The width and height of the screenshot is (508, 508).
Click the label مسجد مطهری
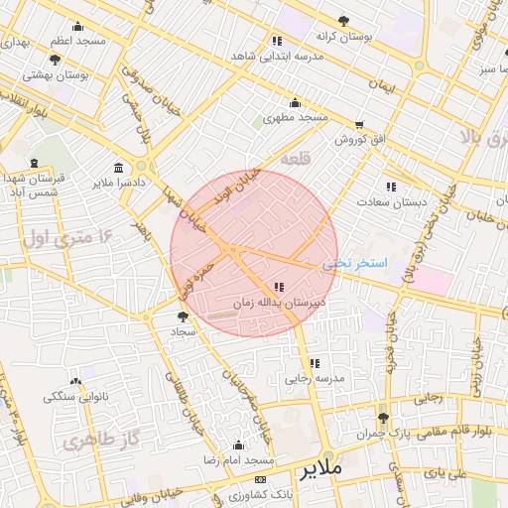[295, 118]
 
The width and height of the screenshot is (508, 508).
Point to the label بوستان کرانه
[341, 37]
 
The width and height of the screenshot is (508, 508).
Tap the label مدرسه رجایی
[315, 378]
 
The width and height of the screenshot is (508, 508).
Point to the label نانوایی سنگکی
[76, 397]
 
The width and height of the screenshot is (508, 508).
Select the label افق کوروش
[358, 140]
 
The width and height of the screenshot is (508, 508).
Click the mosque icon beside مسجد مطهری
[295, 103]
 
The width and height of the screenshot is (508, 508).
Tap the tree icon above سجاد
[181, 317]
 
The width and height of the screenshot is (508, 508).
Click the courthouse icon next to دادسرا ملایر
[119, 167]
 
